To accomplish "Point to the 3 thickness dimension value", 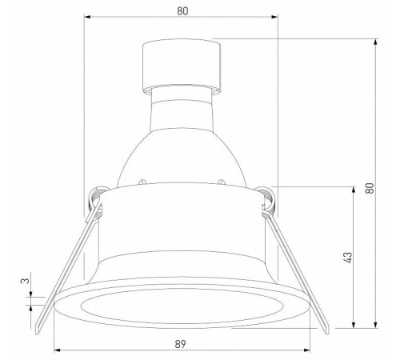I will tap(25, 282).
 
